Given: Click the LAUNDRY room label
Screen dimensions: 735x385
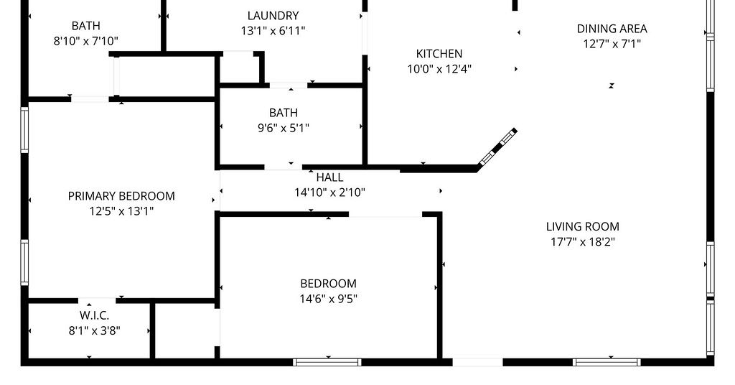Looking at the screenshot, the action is point(273,16).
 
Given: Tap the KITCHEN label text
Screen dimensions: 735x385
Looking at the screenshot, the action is point(439,53).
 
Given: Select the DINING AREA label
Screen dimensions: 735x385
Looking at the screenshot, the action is point(612,29).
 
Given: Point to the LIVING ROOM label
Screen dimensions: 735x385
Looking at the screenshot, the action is point(583,226).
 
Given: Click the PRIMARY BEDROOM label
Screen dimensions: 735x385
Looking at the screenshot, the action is point(121,196).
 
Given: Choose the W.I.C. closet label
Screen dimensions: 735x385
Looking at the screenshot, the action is point(94,315).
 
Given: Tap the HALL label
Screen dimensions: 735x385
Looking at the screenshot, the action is point(329,177).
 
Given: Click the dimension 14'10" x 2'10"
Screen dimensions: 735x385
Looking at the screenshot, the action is point(329,192).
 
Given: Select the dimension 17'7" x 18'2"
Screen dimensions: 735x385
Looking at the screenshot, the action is point(583,242).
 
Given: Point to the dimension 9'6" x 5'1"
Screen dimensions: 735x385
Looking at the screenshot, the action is point(283,128).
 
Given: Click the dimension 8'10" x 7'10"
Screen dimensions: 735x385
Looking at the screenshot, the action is point(86,41).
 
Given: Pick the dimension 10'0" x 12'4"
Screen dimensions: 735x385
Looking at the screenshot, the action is point(439,69).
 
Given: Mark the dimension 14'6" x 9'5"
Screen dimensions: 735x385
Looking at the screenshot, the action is point(328,299).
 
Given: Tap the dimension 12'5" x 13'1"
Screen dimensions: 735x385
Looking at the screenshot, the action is point(121,211).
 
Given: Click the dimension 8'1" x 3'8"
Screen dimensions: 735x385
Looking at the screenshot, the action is point(94,330).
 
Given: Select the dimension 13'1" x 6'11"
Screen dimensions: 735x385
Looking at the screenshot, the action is point(273,31).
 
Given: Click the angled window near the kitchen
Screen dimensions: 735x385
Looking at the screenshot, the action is point(497,147).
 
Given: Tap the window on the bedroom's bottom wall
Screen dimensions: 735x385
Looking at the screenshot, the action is point(327,362).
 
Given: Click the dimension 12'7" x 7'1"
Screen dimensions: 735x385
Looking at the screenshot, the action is point(612,44).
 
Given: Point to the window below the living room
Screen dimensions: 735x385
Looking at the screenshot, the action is point(607,362).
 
